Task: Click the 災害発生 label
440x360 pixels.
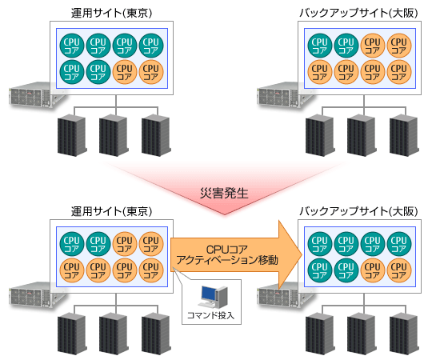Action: click(224, 194)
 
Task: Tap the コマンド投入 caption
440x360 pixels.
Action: click(210, 315)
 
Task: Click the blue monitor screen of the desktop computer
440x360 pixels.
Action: click(208, 294)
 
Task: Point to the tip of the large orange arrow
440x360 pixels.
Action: click(302, 254)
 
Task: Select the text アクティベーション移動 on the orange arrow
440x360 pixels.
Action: click(227, 260)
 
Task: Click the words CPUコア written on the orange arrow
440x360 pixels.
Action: click(227, 249)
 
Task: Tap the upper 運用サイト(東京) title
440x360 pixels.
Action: click(111, 13)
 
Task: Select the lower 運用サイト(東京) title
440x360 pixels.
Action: click(111, 211)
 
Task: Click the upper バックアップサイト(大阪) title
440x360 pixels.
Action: click(358, 13)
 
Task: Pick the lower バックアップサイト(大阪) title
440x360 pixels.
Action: click(358, 211)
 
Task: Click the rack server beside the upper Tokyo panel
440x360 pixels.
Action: click(30, 94)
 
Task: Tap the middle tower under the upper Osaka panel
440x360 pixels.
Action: click(362, 135)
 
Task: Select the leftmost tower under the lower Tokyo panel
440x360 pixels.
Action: click(72, 334)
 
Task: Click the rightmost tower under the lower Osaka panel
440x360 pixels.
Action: click(404, 334)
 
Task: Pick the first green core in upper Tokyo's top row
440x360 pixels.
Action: click(72, 46)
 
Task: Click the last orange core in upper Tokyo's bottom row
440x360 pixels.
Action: click(151, 72)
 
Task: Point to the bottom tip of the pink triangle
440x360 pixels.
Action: click(225, 215)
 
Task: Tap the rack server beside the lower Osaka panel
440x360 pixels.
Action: click(278, 294)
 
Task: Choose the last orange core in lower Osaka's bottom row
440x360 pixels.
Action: click(399, 270)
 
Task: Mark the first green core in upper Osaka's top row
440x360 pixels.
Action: click(320, 46)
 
